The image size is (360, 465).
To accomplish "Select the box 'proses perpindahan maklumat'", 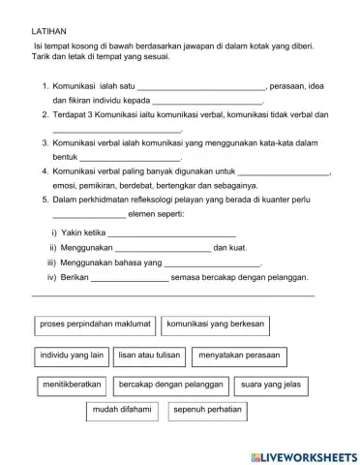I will [x=94, y=324].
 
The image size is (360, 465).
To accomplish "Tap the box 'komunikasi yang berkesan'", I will [x=216, y=324].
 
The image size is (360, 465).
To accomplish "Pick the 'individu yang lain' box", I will [x=71, y=355].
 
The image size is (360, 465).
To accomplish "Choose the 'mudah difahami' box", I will [x=121, y=411].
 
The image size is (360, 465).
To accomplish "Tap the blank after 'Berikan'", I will [x=129, y=278].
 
